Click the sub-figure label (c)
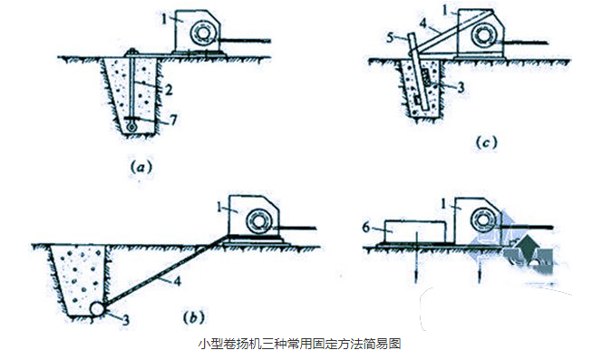point(488,142)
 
